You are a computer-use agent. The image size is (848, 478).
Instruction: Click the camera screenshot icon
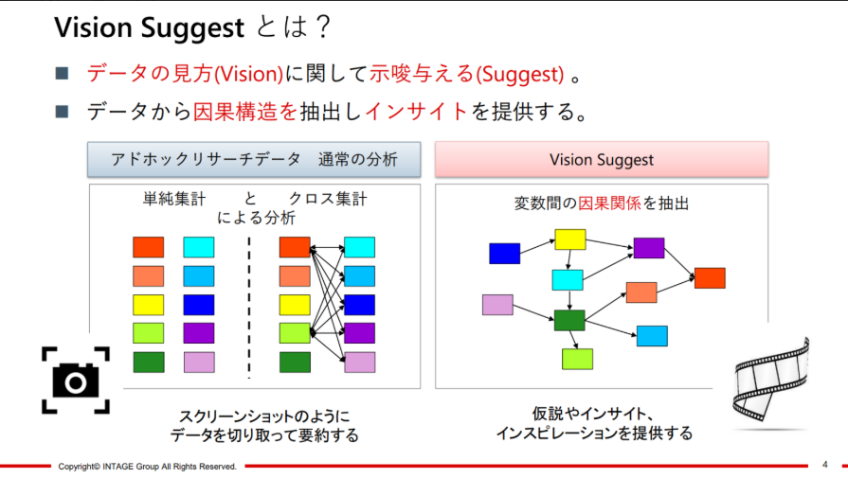pos(76,381)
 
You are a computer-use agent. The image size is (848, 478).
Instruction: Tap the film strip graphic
pos(770,381)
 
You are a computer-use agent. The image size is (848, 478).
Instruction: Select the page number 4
pos(824,465)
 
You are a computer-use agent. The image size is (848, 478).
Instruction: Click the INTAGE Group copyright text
pos(147,466)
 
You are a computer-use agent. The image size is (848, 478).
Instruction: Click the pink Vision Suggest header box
pos(602,159)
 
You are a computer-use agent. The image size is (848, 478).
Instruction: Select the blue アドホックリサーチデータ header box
pos(254,159)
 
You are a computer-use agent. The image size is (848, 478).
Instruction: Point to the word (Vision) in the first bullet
pos(249,74)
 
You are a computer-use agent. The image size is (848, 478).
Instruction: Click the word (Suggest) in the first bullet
pos(520,74)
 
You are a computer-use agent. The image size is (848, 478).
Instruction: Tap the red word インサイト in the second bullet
pos(416,112)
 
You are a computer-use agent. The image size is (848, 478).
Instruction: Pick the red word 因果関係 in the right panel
pos(609,204)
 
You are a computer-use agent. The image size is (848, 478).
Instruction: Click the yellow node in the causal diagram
pos(570,239)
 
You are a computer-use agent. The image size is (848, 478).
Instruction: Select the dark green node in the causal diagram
pos(569,320)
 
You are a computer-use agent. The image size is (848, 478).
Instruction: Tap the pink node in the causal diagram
pos(497,305)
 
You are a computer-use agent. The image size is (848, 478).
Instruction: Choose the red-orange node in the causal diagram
pos(710,277)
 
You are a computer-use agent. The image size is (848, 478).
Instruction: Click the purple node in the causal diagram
pos(649,248)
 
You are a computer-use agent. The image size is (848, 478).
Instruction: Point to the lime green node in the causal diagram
pos(577,359)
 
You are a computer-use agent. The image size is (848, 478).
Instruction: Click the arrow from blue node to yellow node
pos(537,247)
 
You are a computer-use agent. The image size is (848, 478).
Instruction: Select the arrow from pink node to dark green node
pos(533,312)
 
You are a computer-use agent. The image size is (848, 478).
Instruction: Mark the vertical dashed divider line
pos(249,308)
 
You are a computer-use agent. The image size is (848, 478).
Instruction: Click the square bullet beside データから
pos(62,112)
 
